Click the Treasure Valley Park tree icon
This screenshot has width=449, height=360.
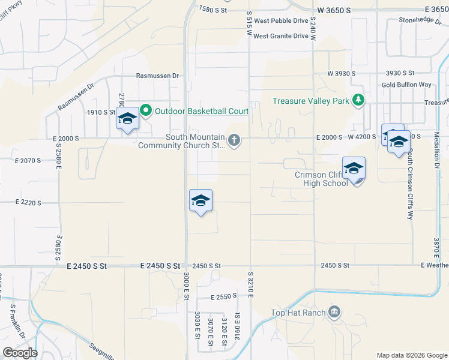pyautogui.click(x=358, y=100)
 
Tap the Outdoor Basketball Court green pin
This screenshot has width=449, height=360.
pyautogui.click(x=145, y=110)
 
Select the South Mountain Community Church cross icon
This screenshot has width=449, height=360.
pyautogui.click(x=234, y=140)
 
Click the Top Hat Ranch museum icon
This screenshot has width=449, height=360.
pyautogui.click(x=335, y=312)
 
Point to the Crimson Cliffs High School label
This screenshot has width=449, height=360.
pyautogui.click(x=318, y=179)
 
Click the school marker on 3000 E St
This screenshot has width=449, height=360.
pyautogui.click(x=200, y=200)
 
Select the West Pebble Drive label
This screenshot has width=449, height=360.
pyautogui.click(x=281, y=20)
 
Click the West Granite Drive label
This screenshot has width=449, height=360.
pyautogui.click(x=280, y=36)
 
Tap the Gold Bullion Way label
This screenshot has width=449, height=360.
pyautogui.click(x=406, y=85)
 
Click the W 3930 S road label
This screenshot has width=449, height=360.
pyautogui.click(x=342, y=73)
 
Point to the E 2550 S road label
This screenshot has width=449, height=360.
pyautogui.click(x=226, y=297)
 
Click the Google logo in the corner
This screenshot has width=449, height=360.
pyautogui.click(x=20, y=353)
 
